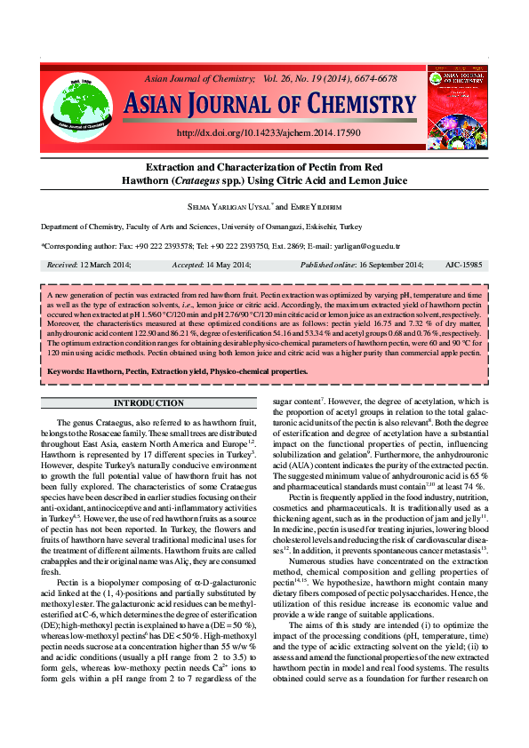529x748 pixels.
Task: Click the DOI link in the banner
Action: [269, 132]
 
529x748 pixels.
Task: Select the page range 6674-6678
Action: [375, 79]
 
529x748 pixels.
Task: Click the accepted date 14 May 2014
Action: [228, 265]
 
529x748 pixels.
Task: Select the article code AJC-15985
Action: [464, 265]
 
